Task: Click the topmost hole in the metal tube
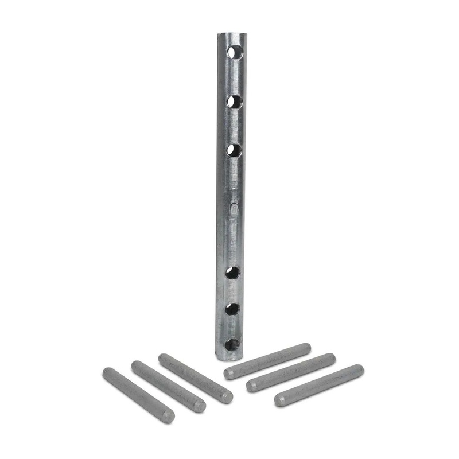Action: click(234, 52)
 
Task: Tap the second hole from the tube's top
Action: click(234, 102)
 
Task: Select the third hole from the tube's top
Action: click(233, 150)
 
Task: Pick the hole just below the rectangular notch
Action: click(232, 273)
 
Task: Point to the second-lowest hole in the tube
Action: click(232, 309)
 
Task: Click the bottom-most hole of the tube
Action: click(232, 344)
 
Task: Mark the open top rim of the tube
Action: click(229, 35)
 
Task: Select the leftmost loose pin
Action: click(138, 395)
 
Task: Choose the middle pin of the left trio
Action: click(168, 386)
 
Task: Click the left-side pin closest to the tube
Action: click(195, 378)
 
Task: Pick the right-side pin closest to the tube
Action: click(267, 361)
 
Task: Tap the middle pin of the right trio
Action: click(291, 372)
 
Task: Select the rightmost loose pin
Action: click(318, 386)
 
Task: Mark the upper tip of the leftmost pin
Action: click(107, 373)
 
